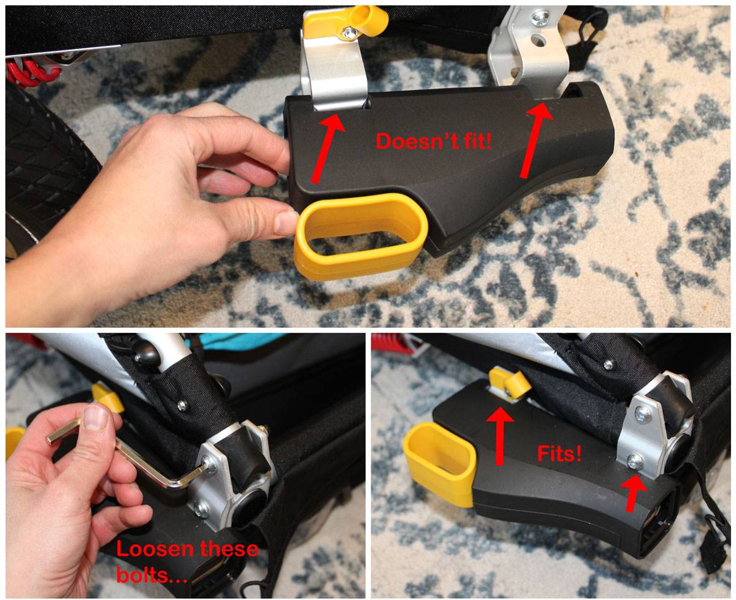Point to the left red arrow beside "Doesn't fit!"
[328, 147]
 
